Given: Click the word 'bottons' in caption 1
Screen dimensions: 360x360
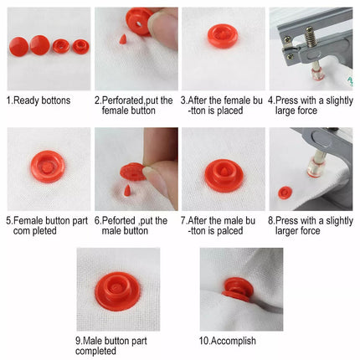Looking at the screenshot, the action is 55,100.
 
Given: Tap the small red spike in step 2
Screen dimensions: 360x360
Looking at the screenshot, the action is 122,39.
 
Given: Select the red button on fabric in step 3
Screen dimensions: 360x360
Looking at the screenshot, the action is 223,36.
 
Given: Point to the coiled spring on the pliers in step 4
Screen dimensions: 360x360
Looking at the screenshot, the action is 311,37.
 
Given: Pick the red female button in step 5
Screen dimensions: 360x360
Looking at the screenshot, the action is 48,167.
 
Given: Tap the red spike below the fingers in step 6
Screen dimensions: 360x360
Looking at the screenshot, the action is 127,190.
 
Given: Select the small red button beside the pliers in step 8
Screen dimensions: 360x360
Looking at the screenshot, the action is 285,193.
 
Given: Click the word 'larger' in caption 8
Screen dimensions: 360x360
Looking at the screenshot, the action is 287,231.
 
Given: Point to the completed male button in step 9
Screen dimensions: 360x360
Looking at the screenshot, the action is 117,291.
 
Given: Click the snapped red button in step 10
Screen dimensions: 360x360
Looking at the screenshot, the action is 238,290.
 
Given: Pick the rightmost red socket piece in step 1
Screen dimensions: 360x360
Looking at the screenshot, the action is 81,47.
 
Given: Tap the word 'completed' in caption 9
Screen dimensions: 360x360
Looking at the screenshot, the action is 95,351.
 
